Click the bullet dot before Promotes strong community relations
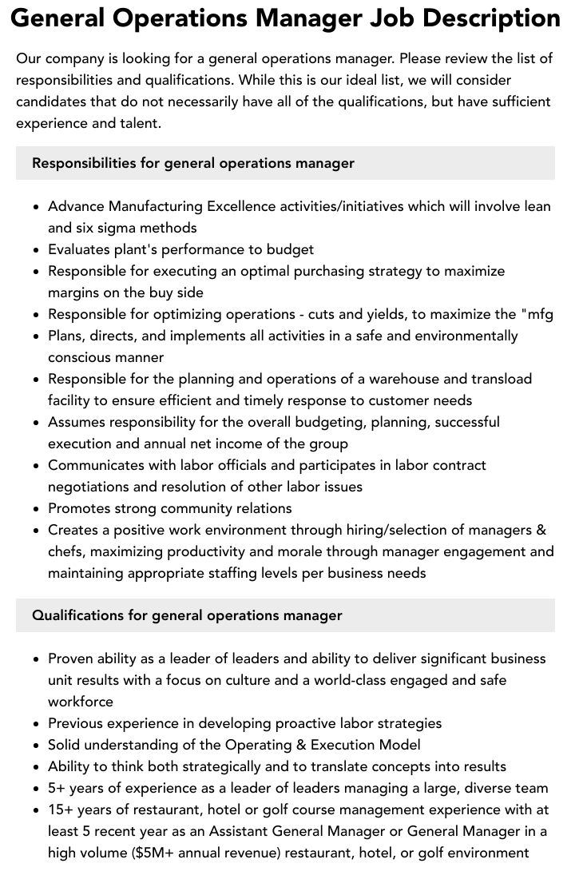point(37,509)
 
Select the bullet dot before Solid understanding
point(37,746)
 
